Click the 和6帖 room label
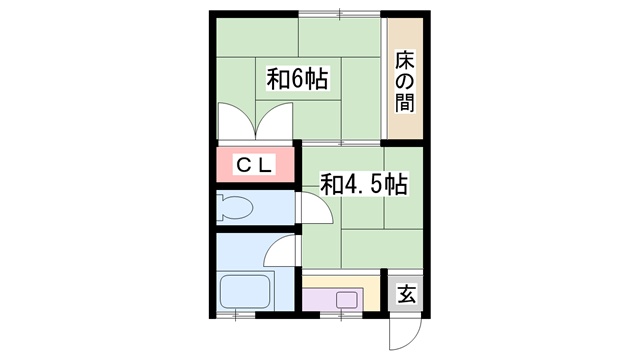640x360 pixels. coord(298,80)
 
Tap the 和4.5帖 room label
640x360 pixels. coord(362,185)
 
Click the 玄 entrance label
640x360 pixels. coord(406,294)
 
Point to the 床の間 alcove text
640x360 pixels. coord(404,80)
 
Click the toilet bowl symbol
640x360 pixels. coord(238,209)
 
